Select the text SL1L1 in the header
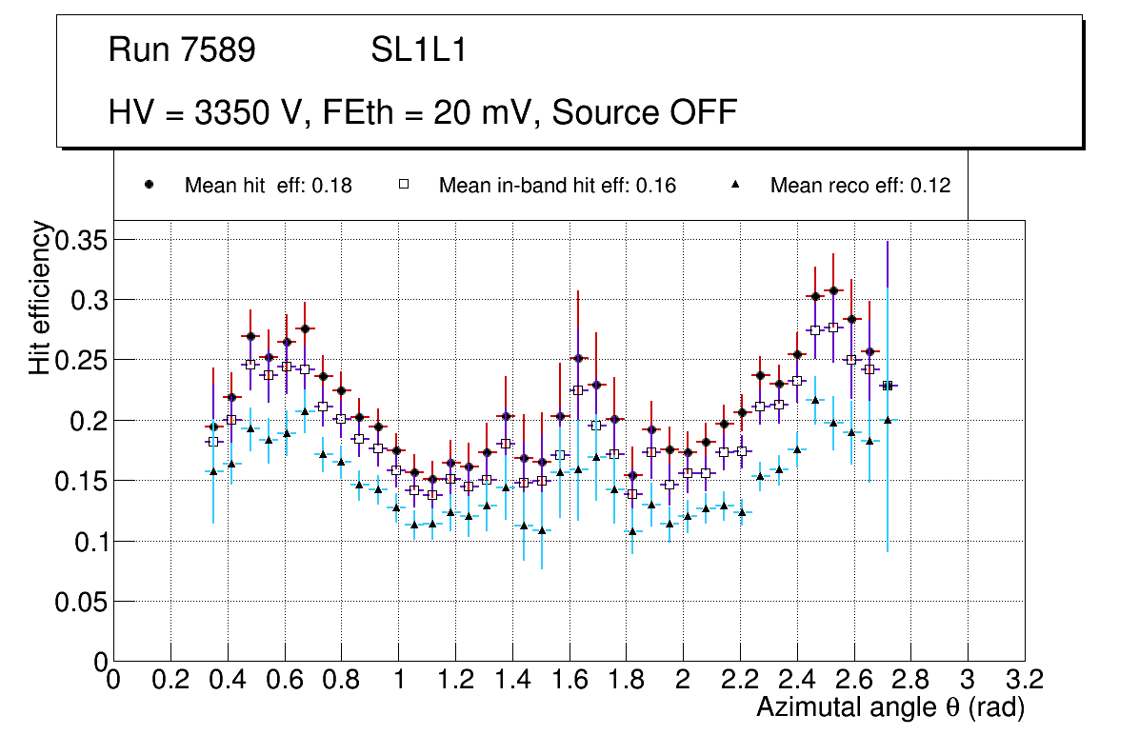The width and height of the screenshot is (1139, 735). (x=419, y=50)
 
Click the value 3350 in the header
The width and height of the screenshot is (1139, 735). (x=232, y=112)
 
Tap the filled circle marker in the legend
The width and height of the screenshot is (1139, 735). (x=149, y=185)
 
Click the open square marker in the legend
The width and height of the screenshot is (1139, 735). (x=403, y=185)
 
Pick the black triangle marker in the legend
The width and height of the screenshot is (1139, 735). (x=735, y=185)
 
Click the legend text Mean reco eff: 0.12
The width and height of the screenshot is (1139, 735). (x=860, y=186)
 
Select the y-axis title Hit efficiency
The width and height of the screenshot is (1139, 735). (x=40, y=297)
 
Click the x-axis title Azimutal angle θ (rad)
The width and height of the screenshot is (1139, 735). (x=890, y=707)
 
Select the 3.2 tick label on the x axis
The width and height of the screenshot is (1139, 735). (x=1024, y=680)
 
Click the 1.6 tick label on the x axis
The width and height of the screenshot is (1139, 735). (x=569, y=680)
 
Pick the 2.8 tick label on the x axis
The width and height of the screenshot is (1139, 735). (x=910, y=680)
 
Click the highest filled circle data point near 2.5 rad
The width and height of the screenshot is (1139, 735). (x=833, y=290)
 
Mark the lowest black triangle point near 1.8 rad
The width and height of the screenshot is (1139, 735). (x=631, y=531)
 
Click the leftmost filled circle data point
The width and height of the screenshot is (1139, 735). (x=213, y=427)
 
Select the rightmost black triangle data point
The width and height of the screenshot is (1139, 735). (x=888, y=420)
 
